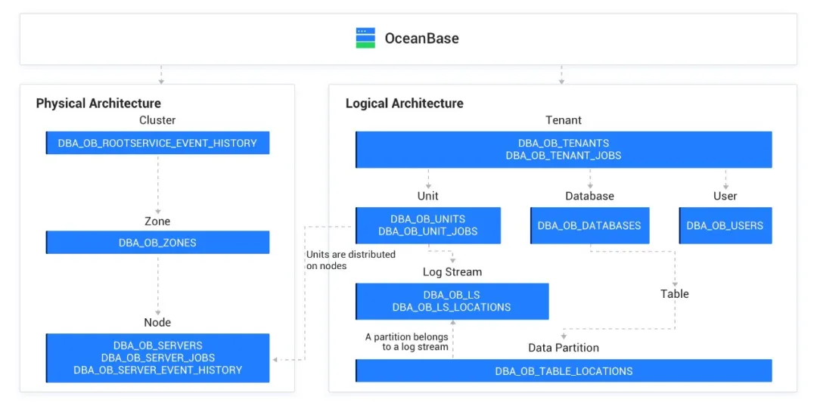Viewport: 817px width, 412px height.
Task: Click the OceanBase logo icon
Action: point(365,38)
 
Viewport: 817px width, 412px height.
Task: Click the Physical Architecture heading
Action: point(98,104)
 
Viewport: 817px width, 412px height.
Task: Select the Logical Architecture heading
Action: point(404,104)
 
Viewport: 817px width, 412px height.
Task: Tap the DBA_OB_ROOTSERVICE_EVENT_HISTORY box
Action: point(157,143)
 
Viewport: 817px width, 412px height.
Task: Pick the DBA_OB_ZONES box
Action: point(157,243)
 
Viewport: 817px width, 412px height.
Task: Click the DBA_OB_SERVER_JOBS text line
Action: point(157,358)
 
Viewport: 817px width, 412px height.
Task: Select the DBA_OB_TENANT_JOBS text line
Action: point(563,156)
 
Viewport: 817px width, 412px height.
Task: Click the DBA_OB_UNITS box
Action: point(428,225)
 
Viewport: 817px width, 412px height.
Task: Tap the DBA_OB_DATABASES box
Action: point(589,225)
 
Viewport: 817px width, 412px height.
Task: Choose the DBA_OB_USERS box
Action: point(725,225)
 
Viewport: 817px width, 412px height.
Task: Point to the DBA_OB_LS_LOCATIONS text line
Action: point(452,308)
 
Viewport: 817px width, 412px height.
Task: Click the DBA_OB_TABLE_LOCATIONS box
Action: point(564,371)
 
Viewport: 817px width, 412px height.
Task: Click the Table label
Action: point(674,294)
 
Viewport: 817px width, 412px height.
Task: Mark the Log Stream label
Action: point(452,272)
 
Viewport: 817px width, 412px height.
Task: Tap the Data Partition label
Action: point(563,348)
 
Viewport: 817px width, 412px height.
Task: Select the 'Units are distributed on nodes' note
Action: point(350,260)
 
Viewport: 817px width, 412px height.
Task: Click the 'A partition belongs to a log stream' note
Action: point(406,342)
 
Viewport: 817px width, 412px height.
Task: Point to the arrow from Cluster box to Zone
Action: point(158,184)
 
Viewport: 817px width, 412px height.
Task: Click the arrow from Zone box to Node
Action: point(158,286)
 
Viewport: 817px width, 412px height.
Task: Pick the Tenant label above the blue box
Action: point(564,120)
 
